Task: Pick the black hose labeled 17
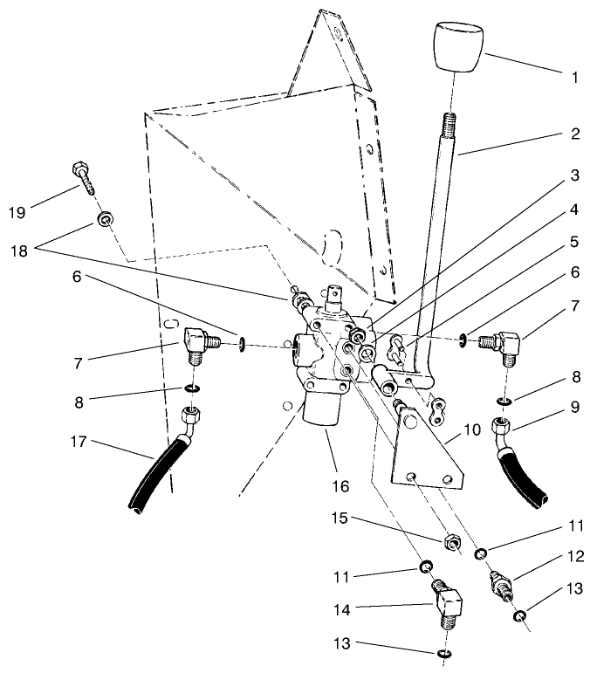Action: pos(157,476)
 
